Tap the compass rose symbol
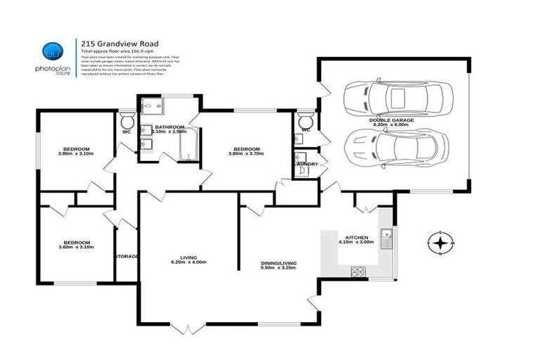(x=440, y=243)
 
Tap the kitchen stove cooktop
(x=357, y=271)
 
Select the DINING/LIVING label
(x=278, y=263)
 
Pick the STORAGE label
(x=127, y=256)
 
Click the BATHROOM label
(x=169, y=127)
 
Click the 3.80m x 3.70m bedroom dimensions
(x=247, y=154)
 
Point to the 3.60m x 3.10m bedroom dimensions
(x=75, y=248)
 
